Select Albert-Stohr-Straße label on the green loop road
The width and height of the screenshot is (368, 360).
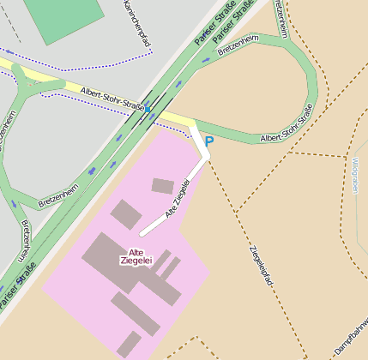pos(286,124)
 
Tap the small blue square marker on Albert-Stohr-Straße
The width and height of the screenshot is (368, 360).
pos(148,110)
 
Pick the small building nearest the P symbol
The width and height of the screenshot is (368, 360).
pos(162,185)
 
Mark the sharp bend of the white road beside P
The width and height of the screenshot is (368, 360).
pos(207,156)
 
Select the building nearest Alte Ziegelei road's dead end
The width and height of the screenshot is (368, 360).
pos(125,214)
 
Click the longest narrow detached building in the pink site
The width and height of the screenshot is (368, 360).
pos(135,313)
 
